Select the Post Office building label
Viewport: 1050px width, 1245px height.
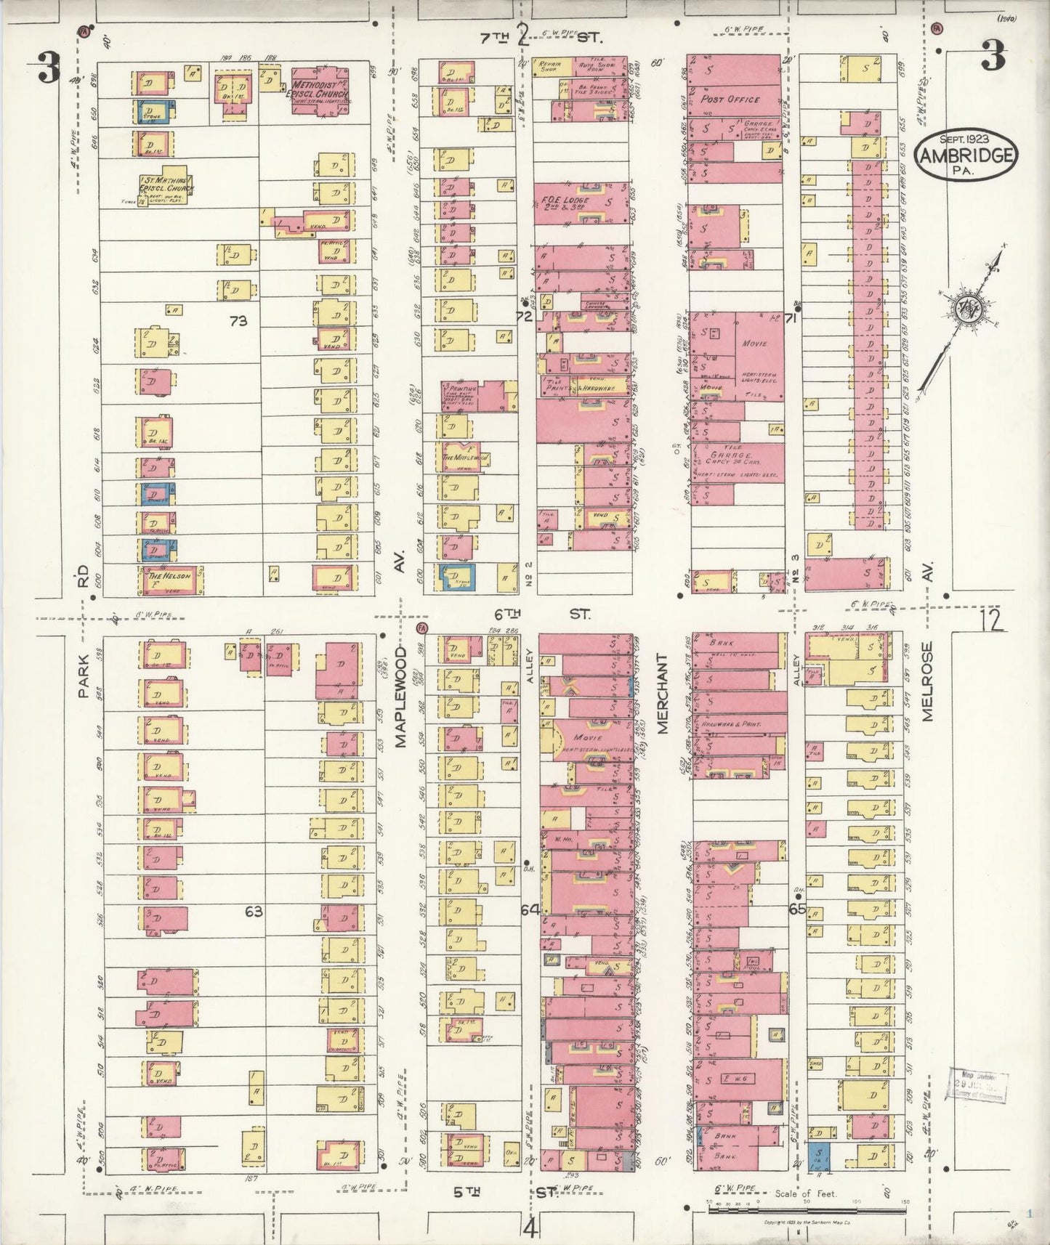730,99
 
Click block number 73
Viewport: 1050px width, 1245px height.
238,320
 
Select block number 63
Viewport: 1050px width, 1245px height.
253,911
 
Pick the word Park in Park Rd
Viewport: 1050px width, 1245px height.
84,676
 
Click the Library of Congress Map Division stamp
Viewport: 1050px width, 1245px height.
977,1085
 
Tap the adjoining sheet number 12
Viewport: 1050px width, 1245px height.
990,620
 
